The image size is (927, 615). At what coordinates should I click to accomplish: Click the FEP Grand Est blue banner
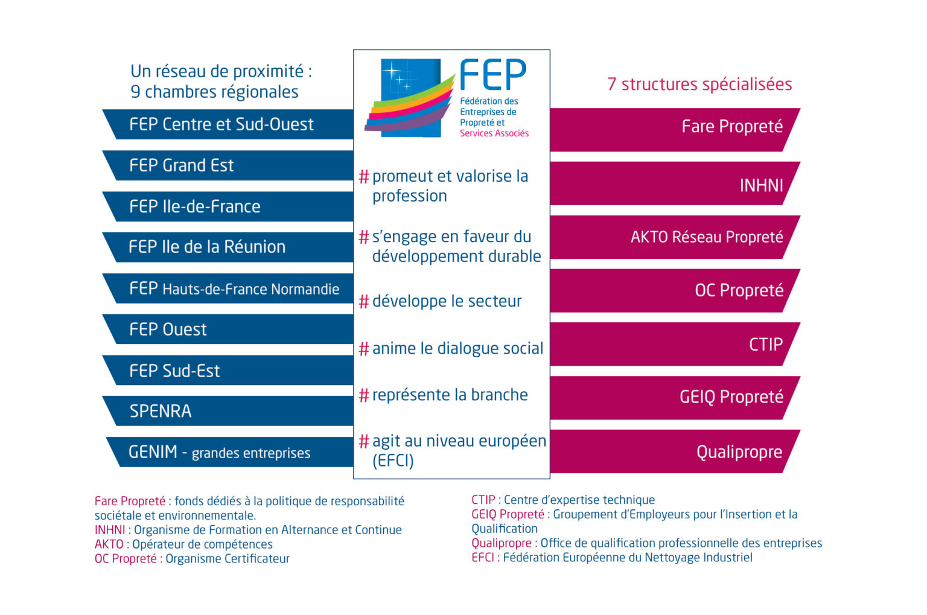(229, 165)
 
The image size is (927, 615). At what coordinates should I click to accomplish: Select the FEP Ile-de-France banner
(229, 206)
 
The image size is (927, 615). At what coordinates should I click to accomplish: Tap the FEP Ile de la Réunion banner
(229, 247)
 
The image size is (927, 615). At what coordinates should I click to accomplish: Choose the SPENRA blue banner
(229, 411)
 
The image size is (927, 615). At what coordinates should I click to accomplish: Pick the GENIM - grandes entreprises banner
(229, 452)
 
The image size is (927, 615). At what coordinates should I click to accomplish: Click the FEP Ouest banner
(229, 329)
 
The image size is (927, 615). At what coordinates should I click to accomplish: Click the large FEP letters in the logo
(493, 75)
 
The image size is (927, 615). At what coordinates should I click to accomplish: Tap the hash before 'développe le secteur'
(364, 301)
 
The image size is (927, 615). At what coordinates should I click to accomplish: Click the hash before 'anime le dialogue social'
(364, 349)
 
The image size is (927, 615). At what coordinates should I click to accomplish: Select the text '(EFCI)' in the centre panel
(393, 460)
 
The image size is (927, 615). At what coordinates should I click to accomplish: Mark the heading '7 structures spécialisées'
(699, 84)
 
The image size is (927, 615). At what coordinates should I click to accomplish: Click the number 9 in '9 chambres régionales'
(136, 92)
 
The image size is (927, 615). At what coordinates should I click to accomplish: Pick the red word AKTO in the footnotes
(109, 544)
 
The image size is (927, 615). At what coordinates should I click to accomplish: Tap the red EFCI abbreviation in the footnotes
(483, 558)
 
